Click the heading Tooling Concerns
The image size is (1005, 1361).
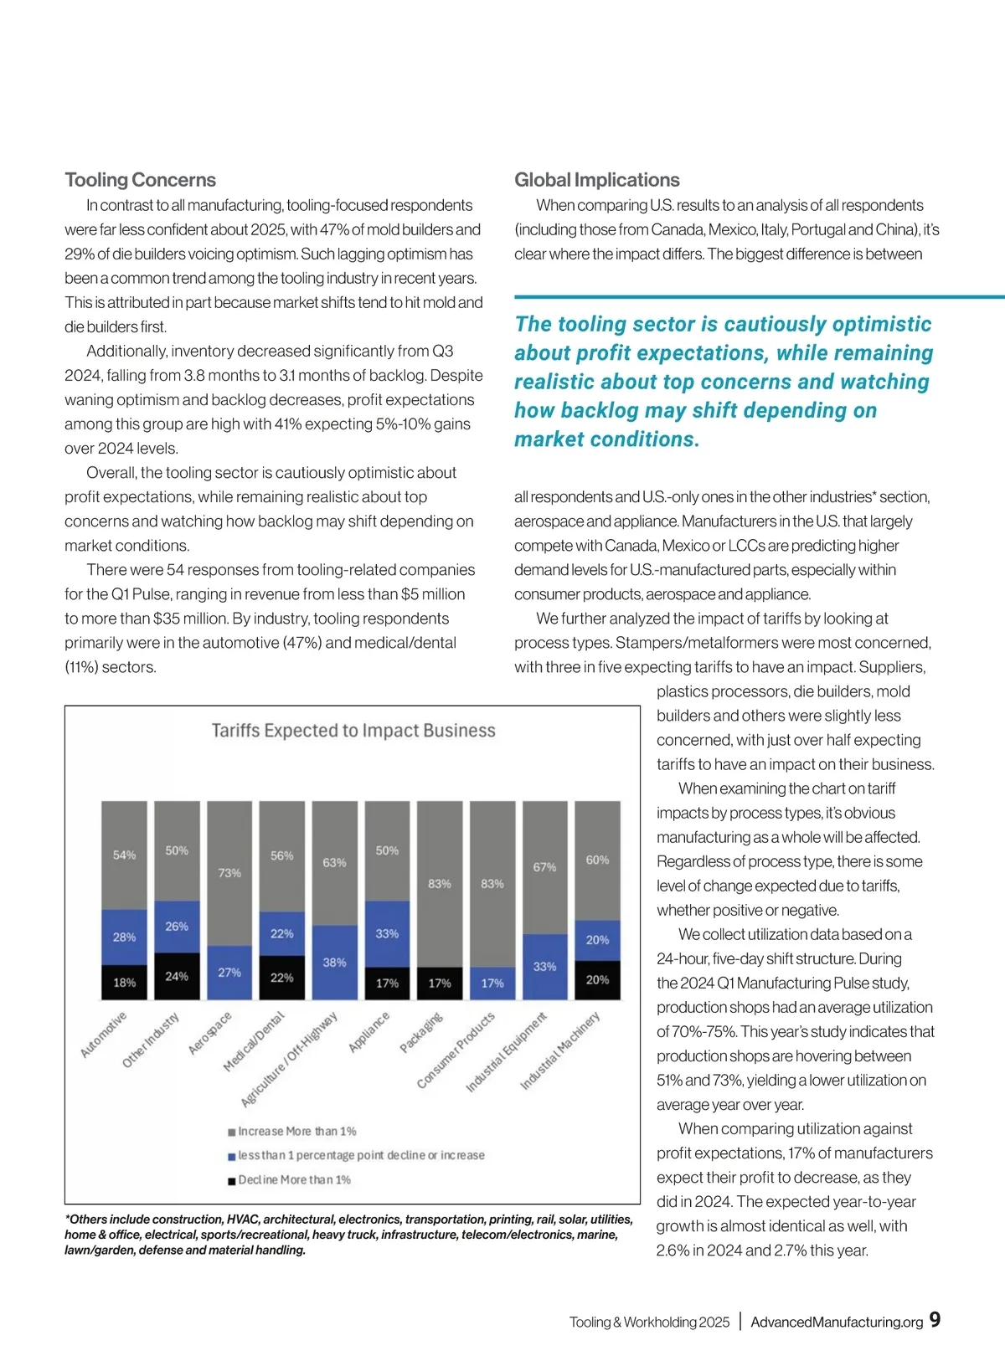(140, 180)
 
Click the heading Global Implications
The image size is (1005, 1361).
(596, 180)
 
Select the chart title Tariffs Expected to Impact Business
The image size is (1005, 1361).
(353, 731)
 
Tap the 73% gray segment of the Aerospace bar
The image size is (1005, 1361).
(229, 873)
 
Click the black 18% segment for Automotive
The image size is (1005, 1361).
(124, 983)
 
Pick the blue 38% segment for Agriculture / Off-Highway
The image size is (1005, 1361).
(334, 963)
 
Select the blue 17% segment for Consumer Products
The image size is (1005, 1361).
(492, 984)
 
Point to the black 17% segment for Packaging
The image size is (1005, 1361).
(440, 984)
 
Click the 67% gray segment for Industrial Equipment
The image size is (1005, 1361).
(544, 867)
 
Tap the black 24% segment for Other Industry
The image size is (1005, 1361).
(177, 976)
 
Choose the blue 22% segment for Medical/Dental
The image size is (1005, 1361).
(282, 933)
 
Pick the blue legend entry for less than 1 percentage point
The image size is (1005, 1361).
(360, 1156)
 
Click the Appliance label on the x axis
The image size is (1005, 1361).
(369, 1032)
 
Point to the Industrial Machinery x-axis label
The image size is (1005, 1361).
(560, 1050)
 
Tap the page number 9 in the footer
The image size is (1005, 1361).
(935, 1320)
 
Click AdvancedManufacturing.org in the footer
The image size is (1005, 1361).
(836, 1322)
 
